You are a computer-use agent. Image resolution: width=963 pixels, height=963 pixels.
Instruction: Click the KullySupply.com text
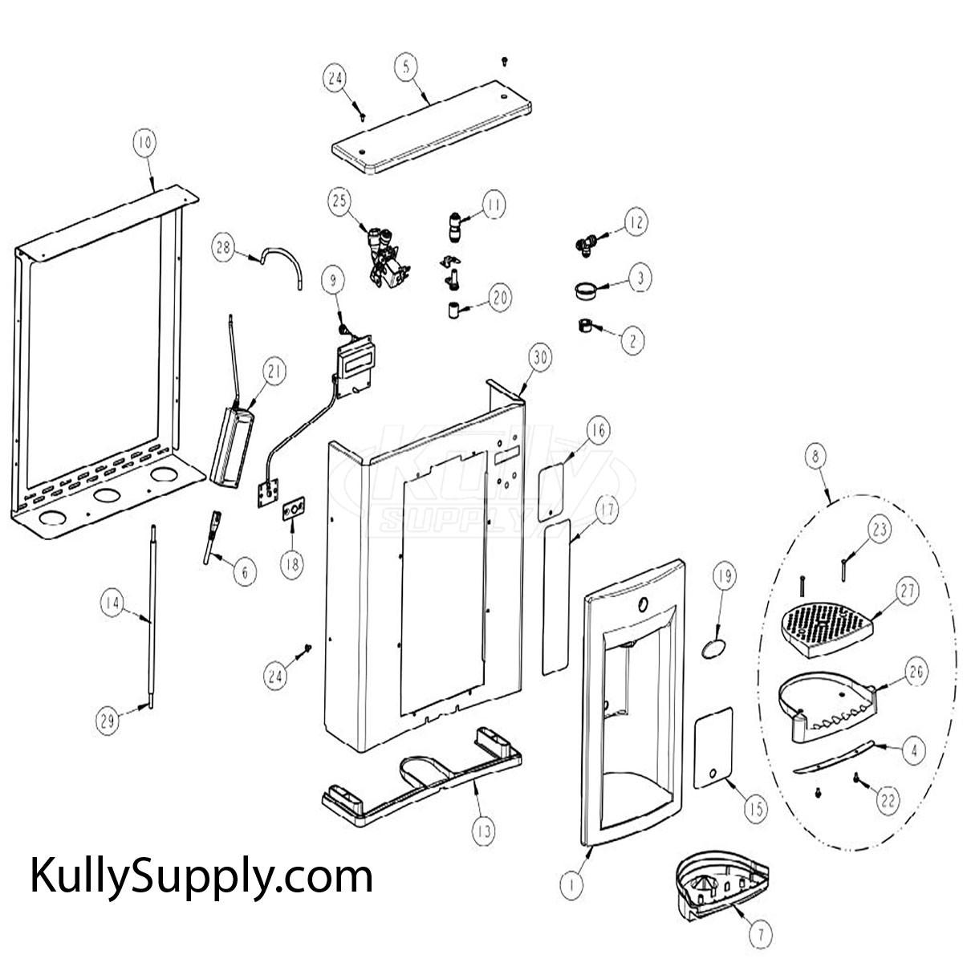(201, 877)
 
